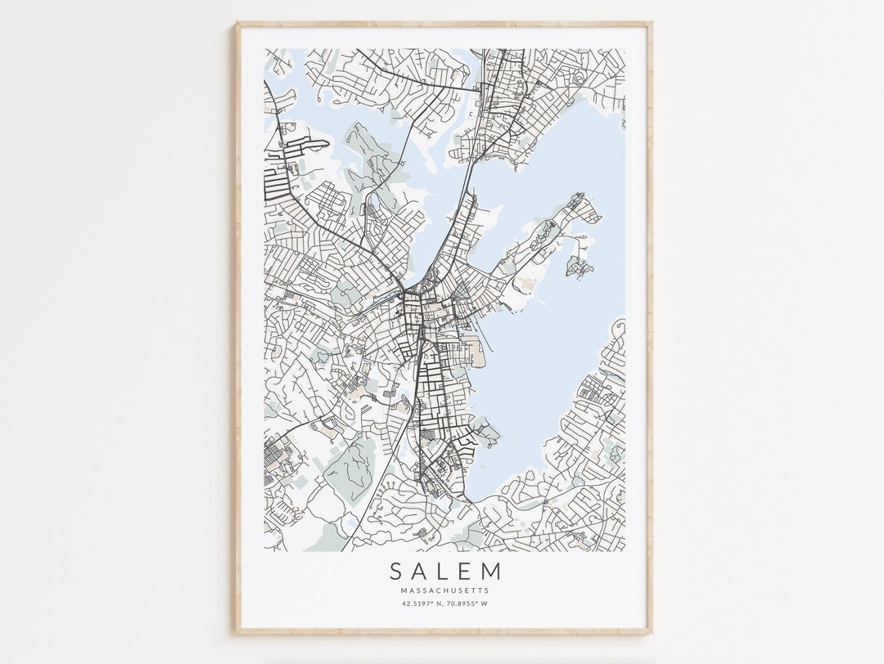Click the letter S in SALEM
point(396,570)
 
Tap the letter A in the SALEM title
point(420,570)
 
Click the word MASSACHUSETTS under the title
point(444,590)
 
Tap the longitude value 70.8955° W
point(467,604)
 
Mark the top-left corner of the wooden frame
point(236,25)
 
